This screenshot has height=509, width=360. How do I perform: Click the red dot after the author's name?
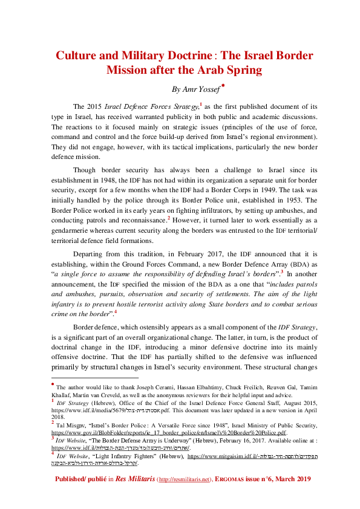click(223, 86)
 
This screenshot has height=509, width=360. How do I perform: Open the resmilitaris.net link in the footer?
click(185, 495)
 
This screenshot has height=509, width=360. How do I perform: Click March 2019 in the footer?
click(295, 495)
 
